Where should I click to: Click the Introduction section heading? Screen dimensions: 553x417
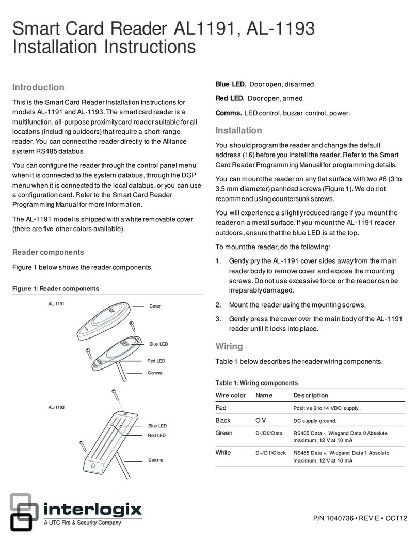click(38, 87)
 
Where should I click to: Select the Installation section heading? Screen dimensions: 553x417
click(238, 130)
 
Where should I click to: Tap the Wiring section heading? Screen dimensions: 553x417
click(229, 346)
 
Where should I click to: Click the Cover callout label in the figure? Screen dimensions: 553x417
click(155, 306)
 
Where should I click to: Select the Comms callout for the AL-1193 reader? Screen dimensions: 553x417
click(155, 459)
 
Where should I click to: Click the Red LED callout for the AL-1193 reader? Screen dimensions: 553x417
click(156, 436)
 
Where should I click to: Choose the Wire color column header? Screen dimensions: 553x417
click(231, 395)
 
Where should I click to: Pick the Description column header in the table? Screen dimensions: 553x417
click(310, 395)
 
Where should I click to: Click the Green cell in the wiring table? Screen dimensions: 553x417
click(223, 433)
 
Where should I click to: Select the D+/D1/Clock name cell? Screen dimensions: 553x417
click(270, 453)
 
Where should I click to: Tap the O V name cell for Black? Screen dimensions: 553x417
click(261, 420)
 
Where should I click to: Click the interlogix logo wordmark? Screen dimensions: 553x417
click(92, 510)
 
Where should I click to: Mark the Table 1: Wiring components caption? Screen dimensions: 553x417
click(256, 383)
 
